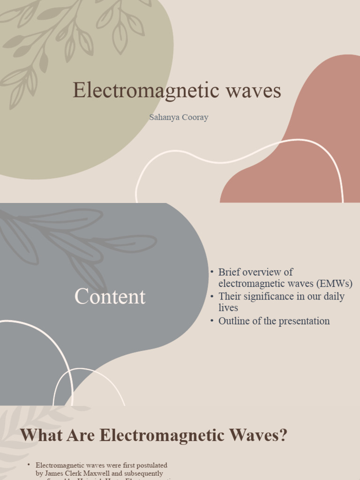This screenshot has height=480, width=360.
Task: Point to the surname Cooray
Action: [x=193, y=118]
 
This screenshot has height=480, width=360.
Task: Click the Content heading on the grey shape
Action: [x=110, y=297]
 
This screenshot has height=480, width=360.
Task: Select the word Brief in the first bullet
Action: [x=229, y=272]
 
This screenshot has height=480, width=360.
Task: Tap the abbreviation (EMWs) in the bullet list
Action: [x=334, y=284]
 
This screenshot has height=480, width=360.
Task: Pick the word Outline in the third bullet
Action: [x=233, y=321]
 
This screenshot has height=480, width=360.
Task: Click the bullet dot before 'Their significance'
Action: [x=212, y=296]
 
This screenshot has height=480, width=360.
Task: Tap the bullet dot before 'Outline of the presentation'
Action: [x=212, y=321]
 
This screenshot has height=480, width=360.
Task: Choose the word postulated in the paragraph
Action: [x=149, y=465]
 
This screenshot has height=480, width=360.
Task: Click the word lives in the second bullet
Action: [x=228, y=308]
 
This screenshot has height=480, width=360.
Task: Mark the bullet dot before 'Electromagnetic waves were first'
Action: [x=29, y=465]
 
